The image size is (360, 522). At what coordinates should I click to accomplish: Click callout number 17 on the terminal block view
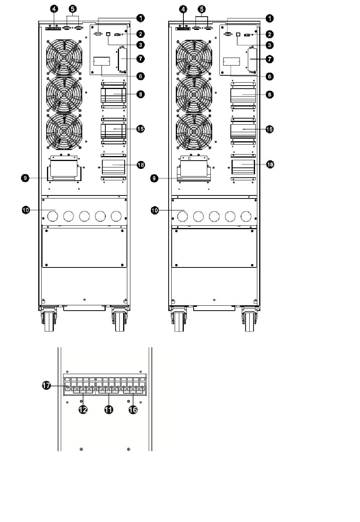pyautogui.click(x=47, y=386)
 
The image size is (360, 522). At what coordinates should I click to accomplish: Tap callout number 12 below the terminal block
pyautogui.click(x=83, y=409)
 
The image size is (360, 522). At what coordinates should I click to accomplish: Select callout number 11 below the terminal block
pyautogui.click(x=109, y=409)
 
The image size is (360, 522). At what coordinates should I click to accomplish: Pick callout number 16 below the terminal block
pyautogui.click(x=133, y=409)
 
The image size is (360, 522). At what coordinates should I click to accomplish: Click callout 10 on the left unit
pyautogui.click(x=25, y=210)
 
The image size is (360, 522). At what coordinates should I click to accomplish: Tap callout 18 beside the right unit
pyautogui.click(x=270, y=164)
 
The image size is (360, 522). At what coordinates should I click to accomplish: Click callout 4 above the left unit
pyautogui.click(x=54, y=8)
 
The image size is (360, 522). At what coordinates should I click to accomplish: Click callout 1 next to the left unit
pyautogui.click(x=141, y=18)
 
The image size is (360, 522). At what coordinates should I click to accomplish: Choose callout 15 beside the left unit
pyautogui.click(x=140, y=129)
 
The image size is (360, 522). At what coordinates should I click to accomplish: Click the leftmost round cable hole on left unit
pyautogui.click(x=53, y=216)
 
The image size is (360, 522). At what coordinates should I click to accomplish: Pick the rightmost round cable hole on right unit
pyautogui.click(x=246, y=217)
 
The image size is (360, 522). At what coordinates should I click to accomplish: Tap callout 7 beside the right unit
pyautogui.click(x=270, y=59)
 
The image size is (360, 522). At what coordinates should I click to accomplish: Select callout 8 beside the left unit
pyautogui.click(x=140, y=94)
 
